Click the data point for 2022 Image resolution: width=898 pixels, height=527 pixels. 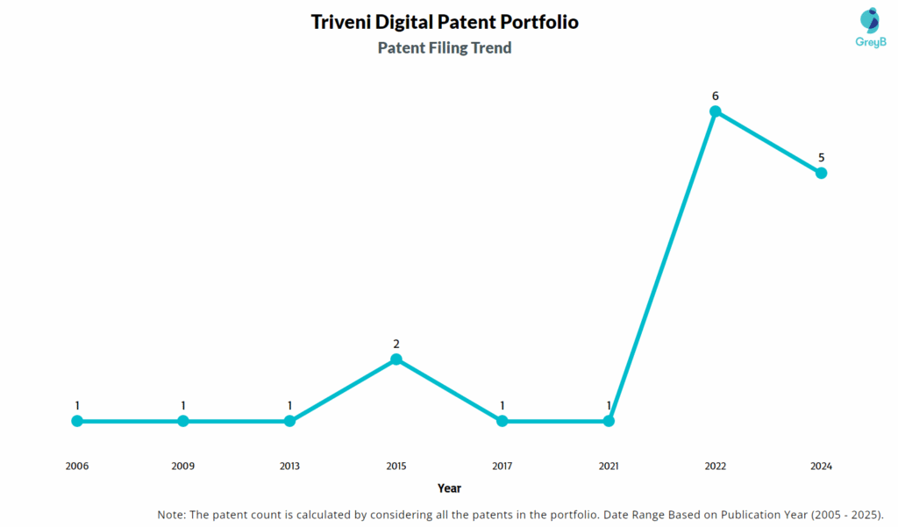pyautogui.click(x=716, y=111)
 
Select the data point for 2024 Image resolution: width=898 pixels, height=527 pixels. pyautogui.click(x=822, y=173)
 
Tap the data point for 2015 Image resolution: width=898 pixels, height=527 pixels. pyautogui.click(x=396, y=360)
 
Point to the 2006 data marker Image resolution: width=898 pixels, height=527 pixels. pyautogui.click(x=77, y=421)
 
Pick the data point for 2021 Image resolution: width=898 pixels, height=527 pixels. pyautogui.click(x=609, y=421)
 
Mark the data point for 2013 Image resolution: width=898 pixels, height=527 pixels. pyautogui.click(x=289, y=421)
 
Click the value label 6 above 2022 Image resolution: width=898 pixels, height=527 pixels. pyautogui.click(x=716, y=96)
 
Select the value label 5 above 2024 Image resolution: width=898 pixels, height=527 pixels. pyautogui.click(x=822, y=158)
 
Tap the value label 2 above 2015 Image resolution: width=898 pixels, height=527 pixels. pyautogui.click(x=396, y=344)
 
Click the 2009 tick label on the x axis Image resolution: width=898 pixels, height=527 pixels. pyautogui.click(x=183, y=466)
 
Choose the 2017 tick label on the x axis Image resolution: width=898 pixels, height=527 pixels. pyautogui.click(x=502, y=466)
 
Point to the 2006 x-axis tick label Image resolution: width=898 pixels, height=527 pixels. pyautogui.click(x=77, y=466)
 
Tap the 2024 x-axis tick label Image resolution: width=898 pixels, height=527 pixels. pyautogui.click(x=822, y=466)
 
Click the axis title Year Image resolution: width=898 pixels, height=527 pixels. pyautogui.click(x=449, y=488)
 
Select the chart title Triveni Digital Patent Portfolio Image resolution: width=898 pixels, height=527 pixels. pyautogui.click(x=445, y=22)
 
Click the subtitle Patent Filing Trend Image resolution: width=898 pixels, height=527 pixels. pyautogui.click(x=445, y=48)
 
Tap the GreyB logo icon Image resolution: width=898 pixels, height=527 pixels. pyautogui.click(x=870, y=21)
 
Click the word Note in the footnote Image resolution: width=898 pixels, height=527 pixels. pyautogui.click(x=173, y=514)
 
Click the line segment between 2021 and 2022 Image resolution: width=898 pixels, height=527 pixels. pyautogui.click(x=662, y=267)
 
